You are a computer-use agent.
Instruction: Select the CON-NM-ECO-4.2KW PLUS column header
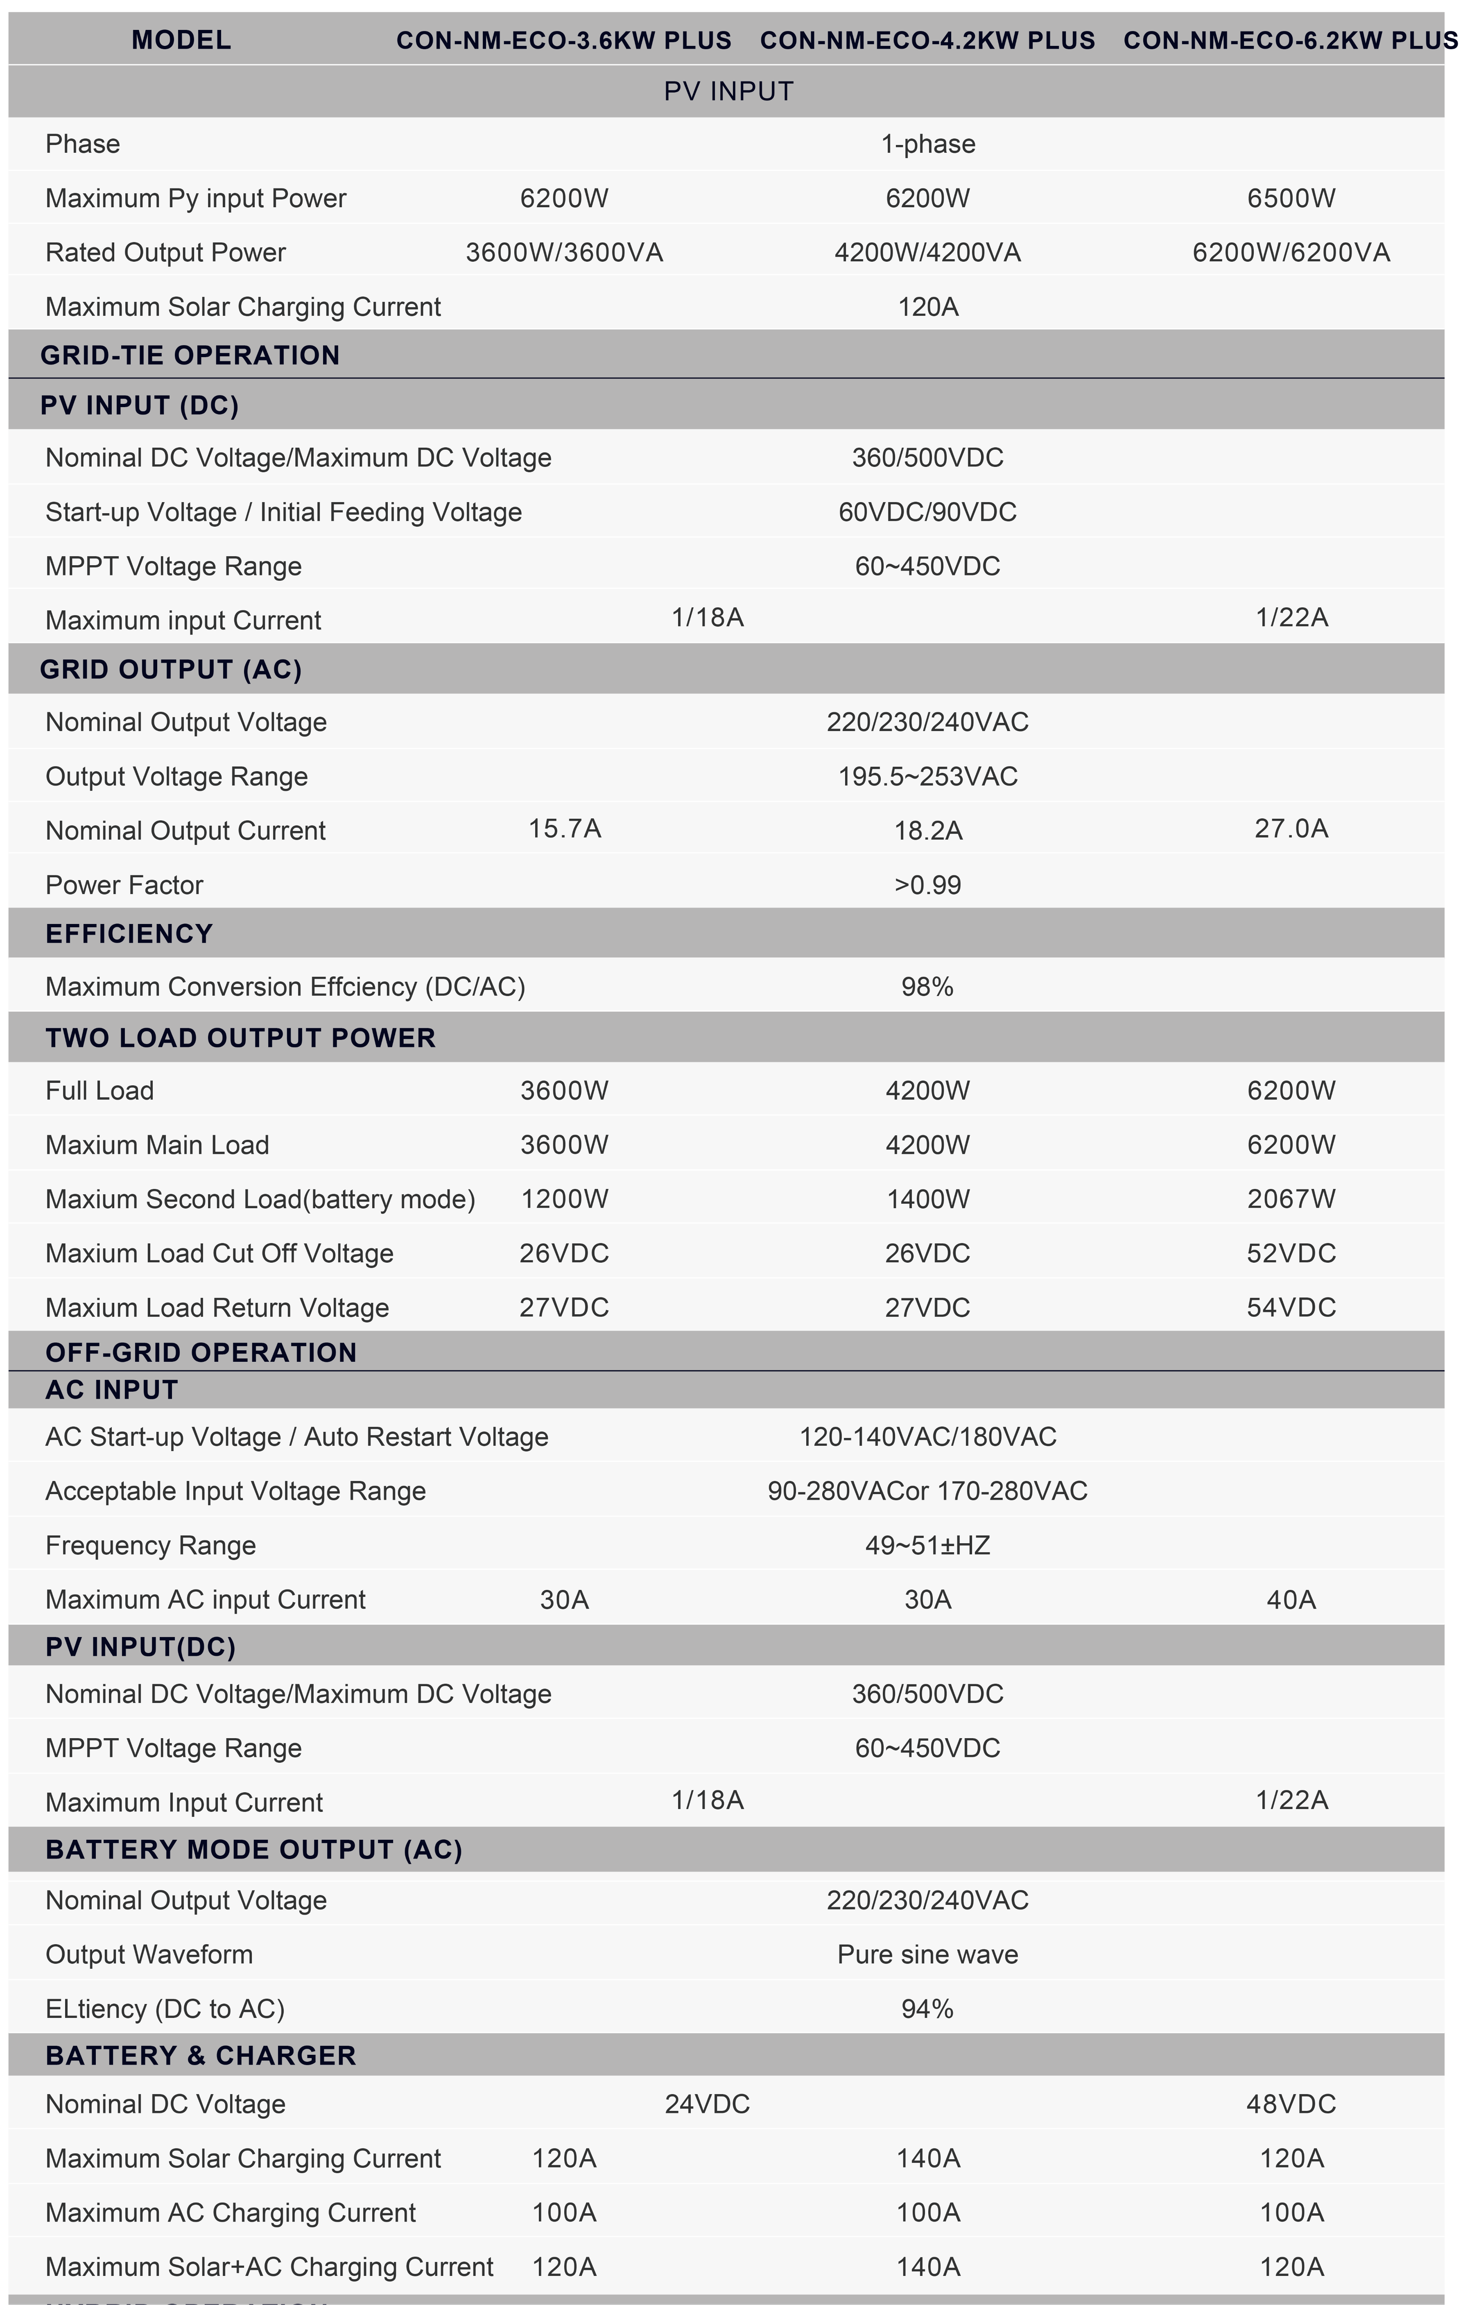click(927, 40)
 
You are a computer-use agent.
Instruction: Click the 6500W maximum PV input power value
click(1291, 198)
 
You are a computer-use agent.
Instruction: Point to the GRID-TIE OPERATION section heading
click(190, 355)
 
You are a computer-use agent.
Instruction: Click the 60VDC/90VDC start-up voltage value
click(927, 512)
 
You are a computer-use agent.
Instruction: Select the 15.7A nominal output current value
click(565, 829)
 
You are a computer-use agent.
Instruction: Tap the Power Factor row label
click(124, 885)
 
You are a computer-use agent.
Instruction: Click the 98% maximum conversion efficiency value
click(927, 987)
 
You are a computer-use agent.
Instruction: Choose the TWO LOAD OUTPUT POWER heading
click(240, 1038)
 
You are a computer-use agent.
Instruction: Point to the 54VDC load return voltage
click(1291, 1308)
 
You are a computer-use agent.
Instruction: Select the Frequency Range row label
click(150, 1546)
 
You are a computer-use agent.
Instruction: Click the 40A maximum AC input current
click(1291, 1599)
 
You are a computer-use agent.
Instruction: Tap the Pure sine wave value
click(927, 1955)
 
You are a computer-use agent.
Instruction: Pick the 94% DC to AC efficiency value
click(927, 2009)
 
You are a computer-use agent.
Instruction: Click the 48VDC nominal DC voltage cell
click(1291, 2104)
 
